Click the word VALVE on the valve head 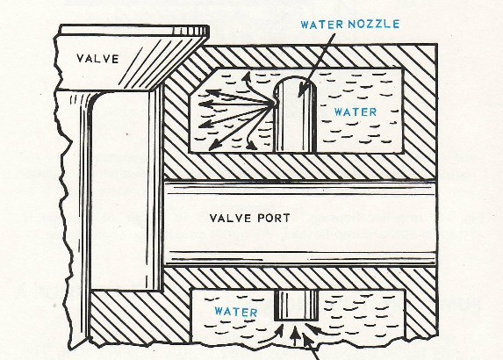click(97, 59)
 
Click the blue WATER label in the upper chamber click(356, 112)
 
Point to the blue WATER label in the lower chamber click(236, 312)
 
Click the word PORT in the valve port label click(274, 218)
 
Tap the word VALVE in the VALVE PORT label click(231, 218)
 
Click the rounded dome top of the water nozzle click(296, 83)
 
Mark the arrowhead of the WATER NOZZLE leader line click(302, 90)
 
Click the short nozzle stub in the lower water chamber click(297, 306)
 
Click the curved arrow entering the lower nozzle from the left click(271, 334)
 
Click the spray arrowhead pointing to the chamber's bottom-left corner click(213, 146)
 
